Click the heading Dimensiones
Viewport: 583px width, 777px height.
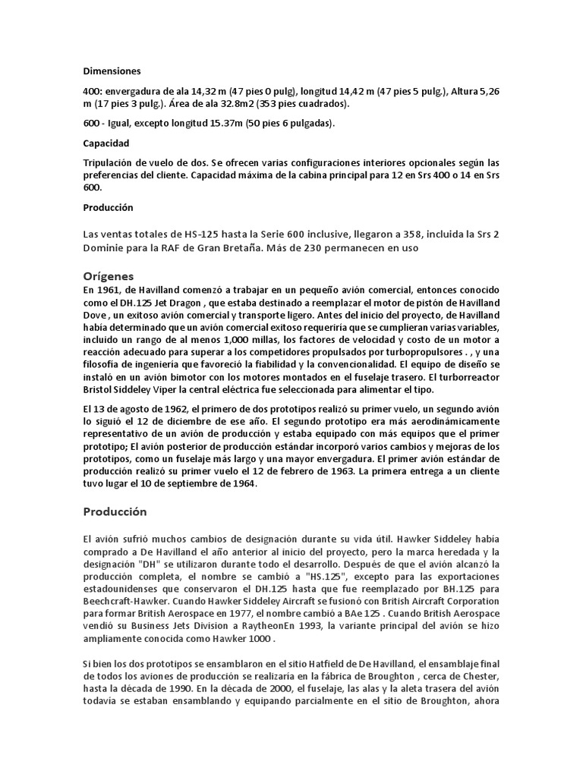112,71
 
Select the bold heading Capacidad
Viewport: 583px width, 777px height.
107,143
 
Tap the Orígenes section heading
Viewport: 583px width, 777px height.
111,275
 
